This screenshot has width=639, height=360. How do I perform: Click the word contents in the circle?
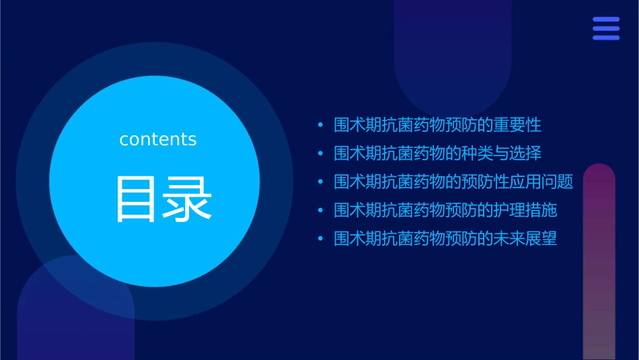(x=158, y=139)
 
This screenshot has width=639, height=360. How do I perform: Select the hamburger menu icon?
(x=605, y=29)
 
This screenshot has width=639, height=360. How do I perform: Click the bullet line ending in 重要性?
(x=437, y=124)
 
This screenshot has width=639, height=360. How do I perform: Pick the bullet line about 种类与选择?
(x=437, y=153)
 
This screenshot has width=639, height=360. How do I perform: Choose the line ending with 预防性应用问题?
(x=453, y=182)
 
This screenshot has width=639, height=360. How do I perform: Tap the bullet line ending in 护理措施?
(x=445, y=210)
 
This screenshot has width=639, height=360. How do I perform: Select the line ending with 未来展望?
(x=445, y=238)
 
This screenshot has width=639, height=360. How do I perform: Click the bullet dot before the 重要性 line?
(x=320, y=125)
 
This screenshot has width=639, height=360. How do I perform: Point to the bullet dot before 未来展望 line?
(x=320, y=239)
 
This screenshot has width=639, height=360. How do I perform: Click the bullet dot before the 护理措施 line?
(x=320, y=211)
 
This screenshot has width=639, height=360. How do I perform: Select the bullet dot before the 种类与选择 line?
(x=320, y=153)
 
